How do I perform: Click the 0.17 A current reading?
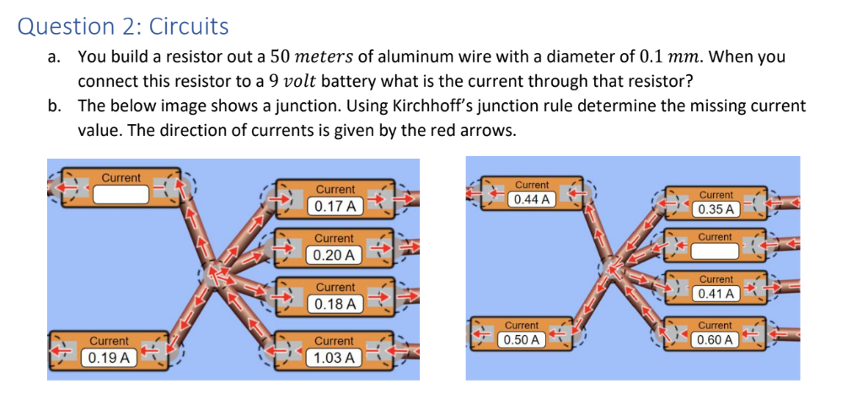[x=335, y=205]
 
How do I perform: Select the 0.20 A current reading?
[x=335, y=254]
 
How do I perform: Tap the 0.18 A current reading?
[x=335, y=303]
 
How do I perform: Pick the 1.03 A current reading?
[x=335, y=358]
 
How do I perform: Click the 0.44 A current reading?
[x=532, y=200]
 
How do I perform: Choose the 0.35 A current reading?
[x=716, y=208]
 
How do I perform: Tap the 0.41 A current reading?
[x=716, y=294]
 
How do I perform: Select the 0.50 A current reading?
[x=521, y=339]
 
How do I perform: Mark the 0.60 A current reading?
[x=716, y=339]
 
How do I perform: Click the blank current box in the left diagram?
[x=121, y=194]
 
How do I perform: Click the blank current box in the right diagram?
[x=715, y=251]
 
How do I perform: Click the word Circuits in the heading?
[x=188, y=27]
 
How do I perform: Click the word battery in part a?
[x=346, y=82]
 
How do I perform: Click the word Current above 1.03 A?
[x=335, y=341]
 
